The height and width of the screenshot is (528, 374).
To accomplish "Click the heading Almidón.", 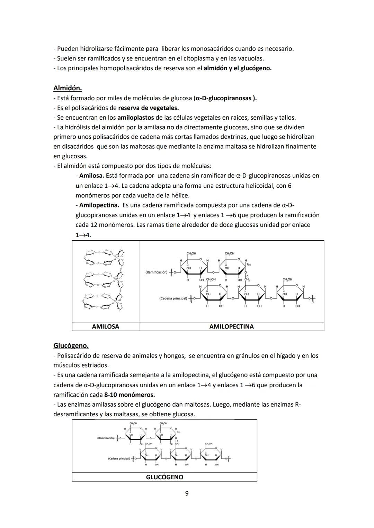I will [x=68, y=88].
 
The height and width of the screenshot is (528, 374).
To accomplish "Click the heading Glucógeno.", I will [x=71, y=345].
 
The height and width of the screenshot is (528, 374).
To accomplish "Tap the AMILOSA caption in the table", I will [x=105, y=326].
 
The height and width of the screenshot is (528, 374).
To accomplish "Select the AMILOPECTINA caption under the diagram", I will [x=231, y=326].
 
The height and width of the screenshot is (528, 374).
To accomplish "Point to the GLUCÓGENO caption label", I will [x=164, y=477].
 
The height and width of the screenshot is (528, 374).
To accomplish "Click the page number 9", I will [x=187, y=493].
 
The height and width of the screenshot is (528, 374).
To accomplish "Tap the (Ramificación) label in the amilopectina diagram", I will [x=156, y=272].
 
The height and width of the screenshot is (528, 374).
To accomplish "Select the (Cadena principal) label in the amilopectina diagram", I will [x=173, y=298].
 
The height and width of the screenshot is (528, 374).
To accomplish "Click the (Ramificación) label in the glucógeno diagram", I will [x=106, y=438].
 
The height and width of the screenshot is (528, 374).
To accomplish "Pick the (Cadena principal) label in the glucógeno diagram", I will [x=119, y=458].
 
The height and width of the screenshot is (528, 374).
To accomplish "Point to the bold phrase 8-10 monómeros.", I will [x=129, y=395].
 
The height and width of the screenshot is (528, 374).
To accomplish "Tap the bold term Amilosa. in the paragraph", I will [x=91, y=176].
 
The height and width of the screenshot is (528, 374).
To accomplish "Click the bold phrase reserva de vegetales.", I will [x=148, y=108].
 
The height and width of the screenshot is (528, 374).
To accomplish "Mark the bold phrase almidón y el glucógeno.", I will [x=238, y=68].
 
